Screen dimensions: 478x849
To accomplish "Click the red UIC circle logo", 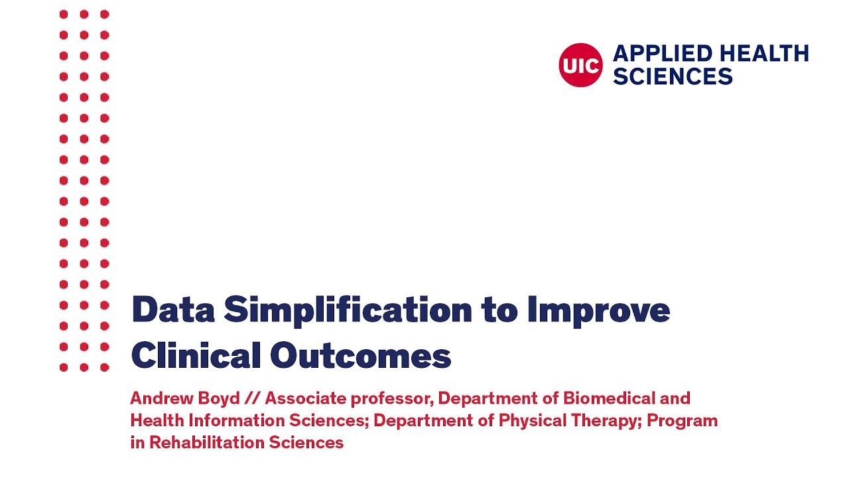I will pyautogui.click(x=580, y=65).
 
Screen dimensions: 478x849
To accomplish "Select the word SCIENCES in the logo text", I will pyautogui.click(x=673, y=76).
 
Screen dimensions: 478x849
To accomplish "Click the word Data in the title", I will pyautogui.click(x=171, y=310).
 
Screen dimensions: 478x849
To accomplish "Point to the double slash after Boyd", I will pyautogui.click(x=252, y=398).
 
